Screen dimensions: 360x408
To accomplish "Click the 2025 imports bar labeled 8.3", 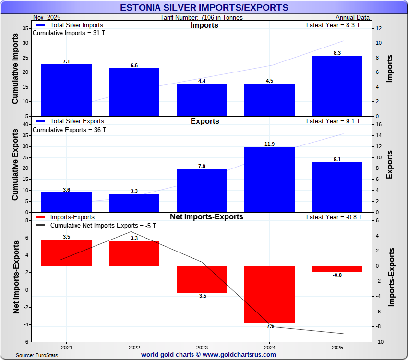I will tap(337, 85).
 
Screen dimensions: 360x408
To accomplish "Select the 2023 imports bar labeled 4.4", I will tap(202, 100).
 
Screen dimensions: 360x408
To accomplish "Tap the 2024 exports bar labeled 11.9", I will tap(269, 179).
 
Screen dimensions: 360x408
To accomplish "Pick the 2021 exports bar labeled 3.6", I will tap(66, 202).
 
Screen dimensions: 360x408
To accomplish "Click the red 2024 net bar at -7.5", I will tap(269, 294).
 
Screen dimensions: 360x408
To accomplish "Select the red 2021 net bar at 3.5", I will tap(66, 252).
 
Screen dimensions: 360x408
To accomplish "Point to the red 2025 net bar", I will tap(337, 269).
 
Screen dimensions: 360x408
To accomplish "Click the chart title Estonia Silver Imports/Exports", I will tap(204, 8).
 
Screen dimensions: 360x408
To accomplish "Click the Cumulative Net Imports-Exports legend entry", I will tap(96, 226).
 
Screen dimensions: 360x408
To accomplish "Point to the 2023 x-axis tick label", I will tap(202, 347).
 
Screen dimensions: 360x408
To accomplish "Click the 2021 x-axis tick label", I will tap(67, 347).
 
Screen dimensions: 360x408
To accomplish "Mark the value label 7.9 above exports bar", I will tap(202, 166).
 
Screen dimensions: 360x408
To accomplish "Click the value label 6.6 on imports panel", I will tap(134, 65).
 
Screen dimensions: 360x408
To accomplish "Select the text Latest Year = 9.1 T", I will tap(334, 121).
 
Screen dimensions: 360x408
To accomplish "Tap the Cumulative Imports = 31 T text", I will tap(69, 33).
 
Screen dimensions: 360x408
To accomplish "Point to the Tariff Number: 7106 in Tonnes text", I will tap(202, 18).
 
